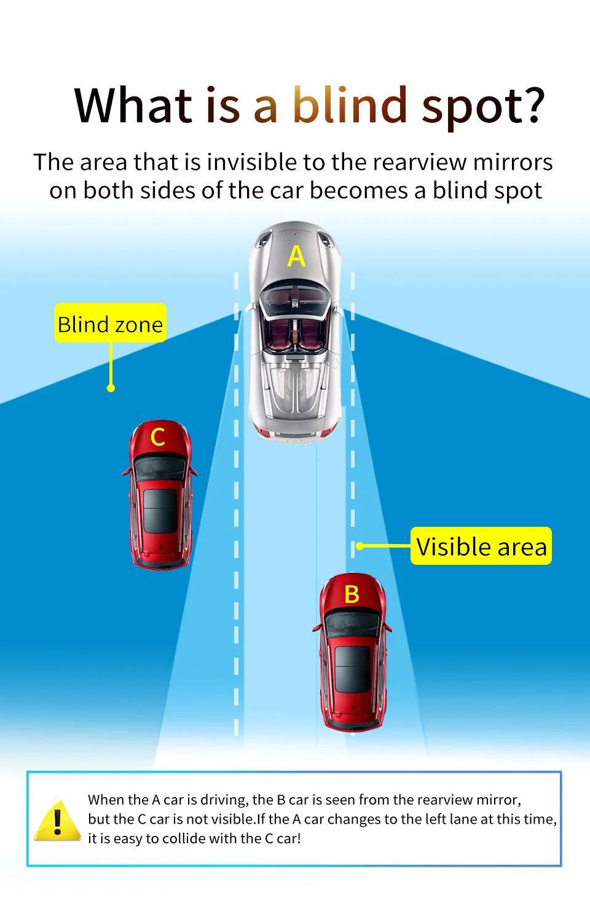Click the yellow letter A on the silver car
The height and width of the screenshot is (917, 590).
296,256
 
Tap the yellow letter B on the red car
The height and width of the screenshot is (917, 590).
352,594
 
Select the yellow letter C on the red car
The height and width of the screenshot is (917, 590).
158,437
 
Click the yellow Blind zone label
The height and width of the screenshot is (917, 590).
111,324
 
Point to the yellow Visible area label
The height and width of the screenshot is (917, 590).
481,546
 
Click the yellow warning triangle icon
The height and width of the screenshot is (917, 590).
58,821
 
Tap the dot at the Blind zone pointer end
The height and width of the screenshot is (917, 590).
111,388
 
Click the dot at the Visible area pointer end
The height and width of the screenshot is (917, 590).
360,546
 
